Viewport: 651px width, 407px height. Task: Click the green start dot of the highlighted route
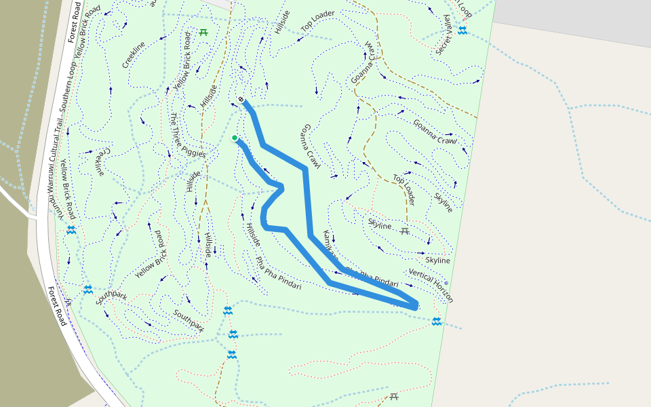pos(235,138)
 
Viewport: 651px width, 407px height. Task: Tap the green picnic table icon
pos(203,32)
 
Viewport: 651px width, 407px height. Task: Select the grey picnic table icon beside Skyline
pos(405,231)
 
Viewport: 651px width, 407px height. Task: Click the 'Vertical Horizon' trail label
pos(431,285)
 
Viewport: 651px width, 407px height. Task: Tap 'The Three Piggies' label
pos(187,136)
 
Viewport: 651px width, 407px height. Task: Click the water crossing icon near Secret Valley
pos(462,31)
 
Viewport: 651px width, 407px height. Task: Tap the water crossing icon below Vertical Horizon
pos(437,321)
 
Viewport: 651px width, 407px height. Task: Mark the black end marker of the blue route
pos(241,100)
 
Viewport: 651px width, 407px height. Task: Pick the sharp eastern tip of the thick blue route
pos(416,306)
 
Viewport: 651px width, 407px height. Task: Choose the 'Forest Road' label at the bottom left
pos(56,305)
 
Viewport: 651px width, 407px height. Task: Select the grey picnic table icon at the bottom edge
pos(394,397)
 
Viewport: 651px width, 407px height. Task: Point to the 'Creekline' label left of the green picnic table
pos(134,55)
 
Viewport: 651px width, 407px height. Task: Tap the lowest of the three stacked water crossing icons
pos(232,355)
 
